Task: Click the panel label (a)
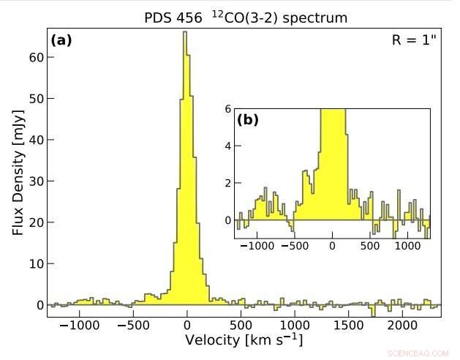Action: tap(61, 40)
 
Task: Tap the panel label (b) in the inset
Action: tap(248, 119)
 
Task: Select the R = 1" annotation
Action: tap(414, 40)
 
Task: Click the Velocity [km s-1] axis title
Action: tap(244, 340)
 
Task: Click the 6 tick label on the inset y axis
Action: tap(227, 109)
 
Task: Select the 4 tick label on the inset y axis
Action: tap(227, 146)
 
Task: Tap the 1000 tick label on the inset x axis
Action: tap(407, 246)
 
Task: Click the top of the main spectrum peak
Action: tap(185, 32)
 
